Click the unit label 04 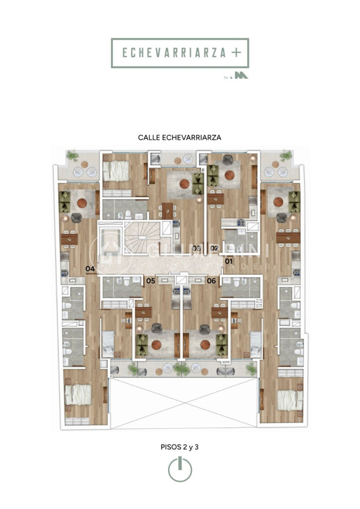[x=90, y=269]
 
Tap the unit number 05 [x=151, y=281]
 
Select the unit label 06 [x=211, y=281]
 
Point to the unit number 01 [x=229, y=261]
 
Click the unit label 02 [x=215, y=248]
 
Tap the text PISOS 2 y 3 [x=179, y=447]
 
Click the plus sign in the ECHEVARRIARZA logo [x=235, y=53]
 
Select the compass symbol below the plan [x=179, y=469]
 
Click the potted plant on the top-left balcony [x=72, y=154]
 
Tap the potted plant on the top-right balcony [x=286, y=154]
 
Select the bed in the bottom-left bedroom [x=77, y=395]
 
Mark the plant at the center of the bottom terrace [x=181, y=369]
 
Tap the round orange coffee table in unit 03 [x=185, y=183]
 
